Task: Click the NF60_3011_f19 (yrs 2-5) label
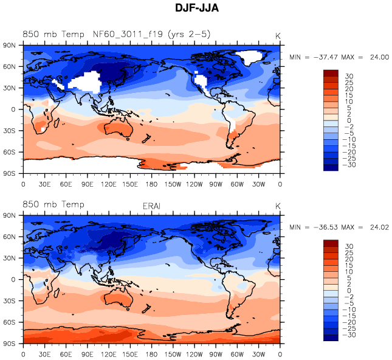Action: tap(152, 34)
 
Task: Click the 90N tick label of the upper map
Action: tap(10, 45)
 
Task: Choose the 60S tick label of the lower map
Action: tap(10, 322)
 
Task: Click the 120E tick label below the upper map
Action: tap(109, 184)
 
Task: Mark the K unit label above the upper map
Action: tap(278, 35)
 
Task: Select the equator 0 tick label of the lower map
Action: tap(14, 280)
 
